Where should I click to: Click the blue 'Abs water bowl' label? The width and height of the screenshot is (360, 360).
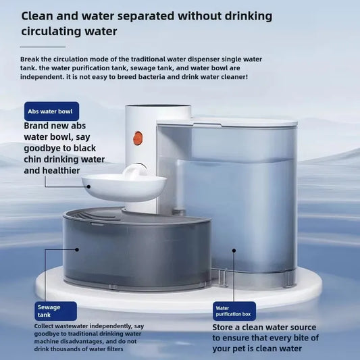pyautogui.click(x=51, y=111)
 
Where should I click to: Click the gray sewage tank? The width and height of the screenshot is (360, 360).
pyautogui.click(x=135, y=250)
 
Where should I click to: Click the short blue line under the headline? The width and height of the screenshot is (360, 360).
pyautogui.click(x=43, y=47)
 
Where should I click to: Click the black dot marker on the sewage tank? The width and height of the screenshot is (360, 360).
pyautogui.click(x=76, y=249)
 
